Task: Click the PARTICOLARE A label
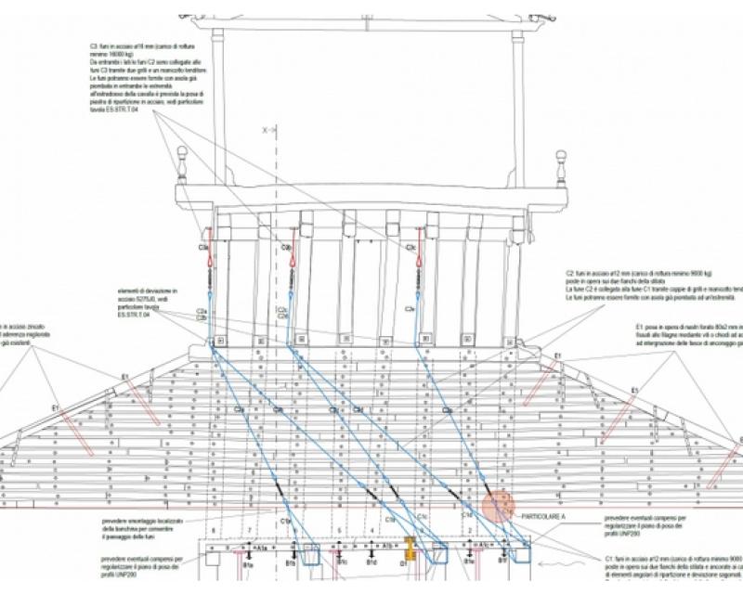point(544,516)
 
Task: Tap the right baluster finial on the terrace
point(560,167)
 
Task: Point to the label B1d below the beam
point(371,562)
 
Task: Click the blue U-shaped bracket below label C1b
point(303,554)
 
